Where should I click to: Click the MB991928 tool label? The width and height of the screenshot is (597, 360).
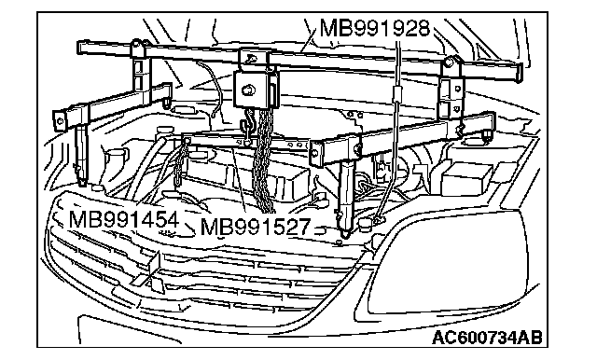pyautogui.click(x=375, y=28)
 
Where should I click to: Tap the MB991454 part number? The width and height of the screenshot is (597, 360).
pyautogui.click(x=124, y=220)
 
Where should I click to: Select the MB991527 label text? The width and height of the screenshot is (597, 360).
pyautogui.click(x=255, y=227)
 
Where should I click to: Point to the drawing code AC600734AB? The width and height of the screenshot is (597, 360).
pyautogui.click(x=487, y=337)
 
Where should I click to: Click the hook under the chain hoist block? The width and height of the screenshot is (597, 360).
pyautogui.click(x=246, y=128)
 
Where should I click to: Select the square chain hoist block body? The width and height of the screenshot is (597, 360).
pyautogui.click(x=254, y=90)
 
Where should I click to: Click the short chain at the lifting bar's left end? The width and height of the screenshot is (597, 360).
pyautogui.click(x=181, y=163)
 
